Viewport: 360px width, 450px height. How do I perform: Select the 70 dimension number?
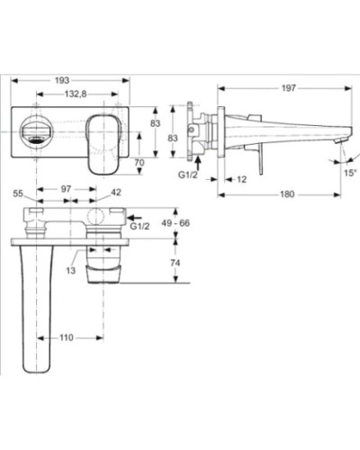tap(139, 162)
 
